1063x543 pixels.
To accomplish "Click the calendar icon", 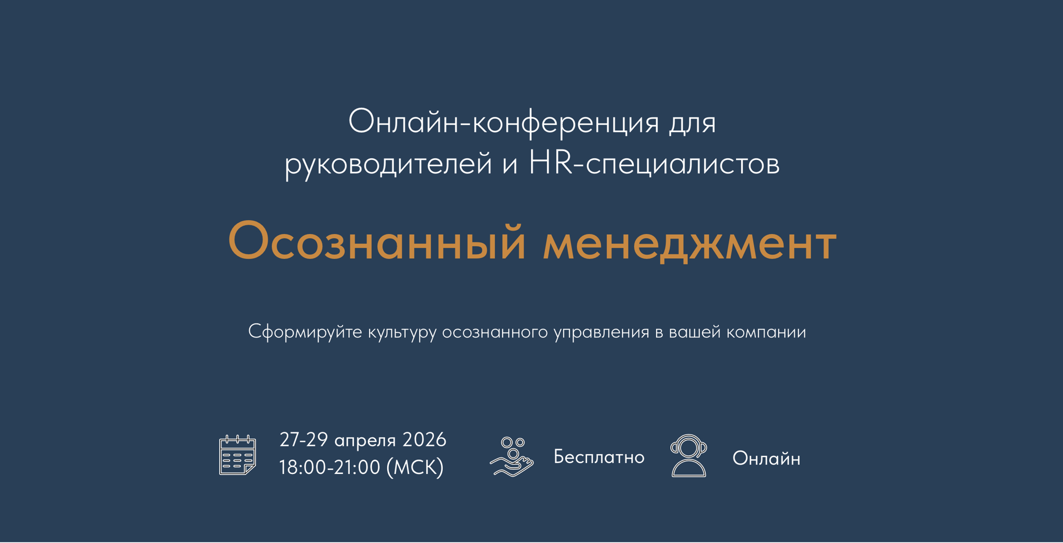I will click(237, 455).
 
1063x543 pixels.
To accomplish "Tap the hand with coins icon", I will click(511, 456).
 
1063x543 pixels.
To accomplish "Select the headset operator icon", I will click(688, 456).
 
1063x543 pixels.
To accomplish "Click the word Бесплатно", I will click(599, 457).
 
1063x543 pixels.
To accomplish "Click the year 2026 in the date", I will click(424, 440).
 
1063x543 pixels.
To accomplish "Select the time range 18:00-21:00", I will click(330, 467).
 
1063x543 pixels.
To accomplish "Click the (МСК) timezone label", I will click(415, 467).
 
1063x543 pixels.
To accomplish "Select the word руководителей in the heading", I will click(388, 164).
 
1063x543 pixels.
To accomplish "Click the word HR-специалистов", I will click(654, 164).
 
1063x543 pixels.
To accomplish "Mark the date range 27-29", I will click(303, 440).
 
